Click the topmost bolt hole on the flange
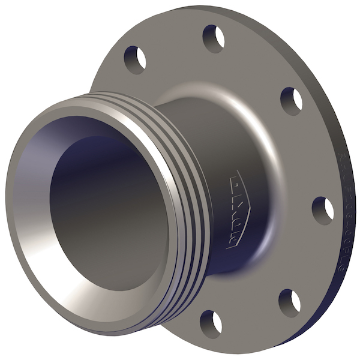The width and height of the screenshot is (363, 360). (x=213, y=38)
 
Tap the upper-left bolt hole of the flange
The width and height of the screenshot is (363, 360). (x=135, y=60)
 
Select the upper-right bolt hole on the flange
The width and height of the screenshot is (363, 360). (x=291, y=100)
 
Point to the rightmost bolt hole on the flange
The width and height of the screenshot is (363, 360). (x=323, y=211)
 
